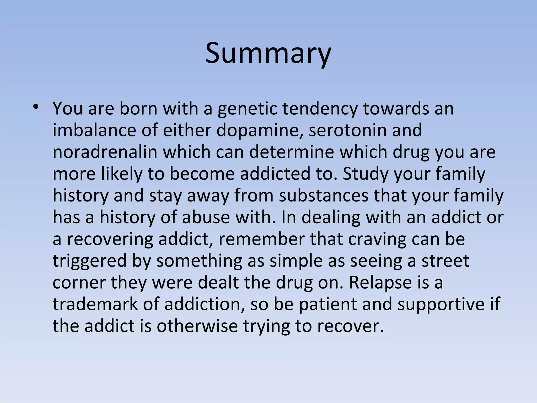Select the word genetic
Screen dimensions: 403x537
pyautogui.click(x=247, y=109)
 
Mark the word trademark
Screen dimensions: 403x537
pyautogui.click(x=95, y=304)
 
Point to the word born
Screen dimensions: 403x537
pyautogui.click(x=138, y=109)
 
